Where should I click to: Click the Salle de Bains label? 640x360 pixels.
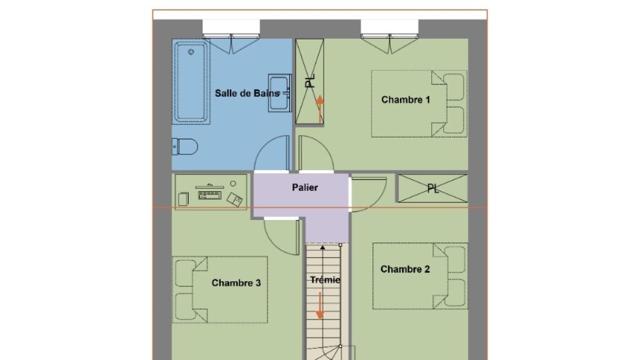point(247,93)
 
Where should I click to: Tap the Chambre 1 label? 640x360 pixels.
point(406,99)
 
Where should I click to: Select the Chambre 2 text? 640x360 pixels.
point(405,269)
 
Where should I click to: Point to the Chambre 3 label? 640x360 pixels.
point(236,283)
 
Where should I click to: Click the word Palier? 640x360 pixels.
point(305,187)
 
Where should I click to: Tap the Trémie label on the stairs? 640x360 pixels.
point(325,279)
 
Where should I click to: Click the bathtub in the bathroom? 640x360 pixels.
point(191,82)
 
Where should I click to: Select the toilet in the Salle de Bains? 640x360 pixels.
point(185,146)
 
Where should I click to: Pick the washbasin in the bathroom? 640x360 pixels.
point(279,93)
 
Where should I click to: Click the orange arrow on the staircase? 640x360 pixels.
point(320,306)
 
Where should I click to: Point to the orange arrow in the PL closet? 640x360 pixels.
point(320,109)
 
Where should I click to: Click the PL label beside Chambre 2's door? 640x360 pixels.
point(433,188)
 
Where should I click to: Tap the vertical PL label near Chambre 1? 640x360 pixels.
point(311,81)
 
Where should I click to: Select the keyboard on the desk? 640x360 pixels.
point(209,195)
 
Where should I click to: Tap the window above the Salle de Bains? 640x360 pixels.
point(231,29)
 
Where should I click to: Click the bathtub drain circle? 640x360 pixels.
point(191,52)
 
